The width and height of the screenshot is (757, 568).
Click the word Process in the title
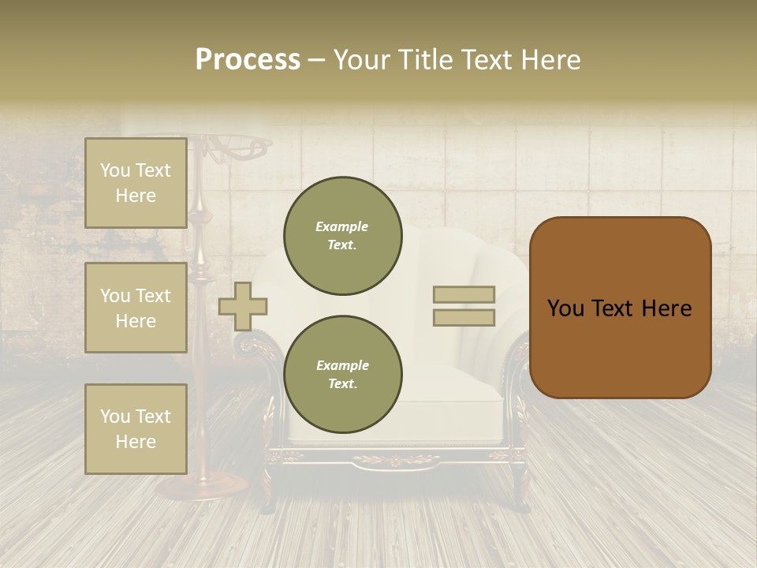tap(248, 60)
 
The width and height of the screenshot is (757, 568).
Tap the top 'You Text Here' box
tap(136, 183)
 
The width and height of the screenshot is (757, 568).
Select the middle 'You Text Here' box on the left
tap(136, 308)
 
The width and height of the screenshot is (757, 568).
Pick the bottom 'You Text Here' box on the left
tap(136, 428)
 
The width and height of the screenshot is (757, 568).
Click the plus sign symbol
tap(243, 306)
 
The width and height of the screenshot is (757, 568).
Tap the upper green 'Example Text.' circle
tap(342, 236)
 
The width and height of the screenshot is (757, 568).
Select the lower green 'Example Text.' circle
tap(342, 374)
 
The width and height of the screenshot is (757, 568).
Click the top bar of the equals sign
tap(464, 294)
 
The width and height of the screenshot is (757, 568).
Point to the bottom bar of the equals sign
tap(464, 317)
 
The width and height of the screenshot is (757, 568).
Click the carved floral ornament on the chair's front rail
tap(397, 459)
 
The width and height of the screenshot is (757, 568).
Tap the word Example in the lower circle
tap(342, 365)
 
